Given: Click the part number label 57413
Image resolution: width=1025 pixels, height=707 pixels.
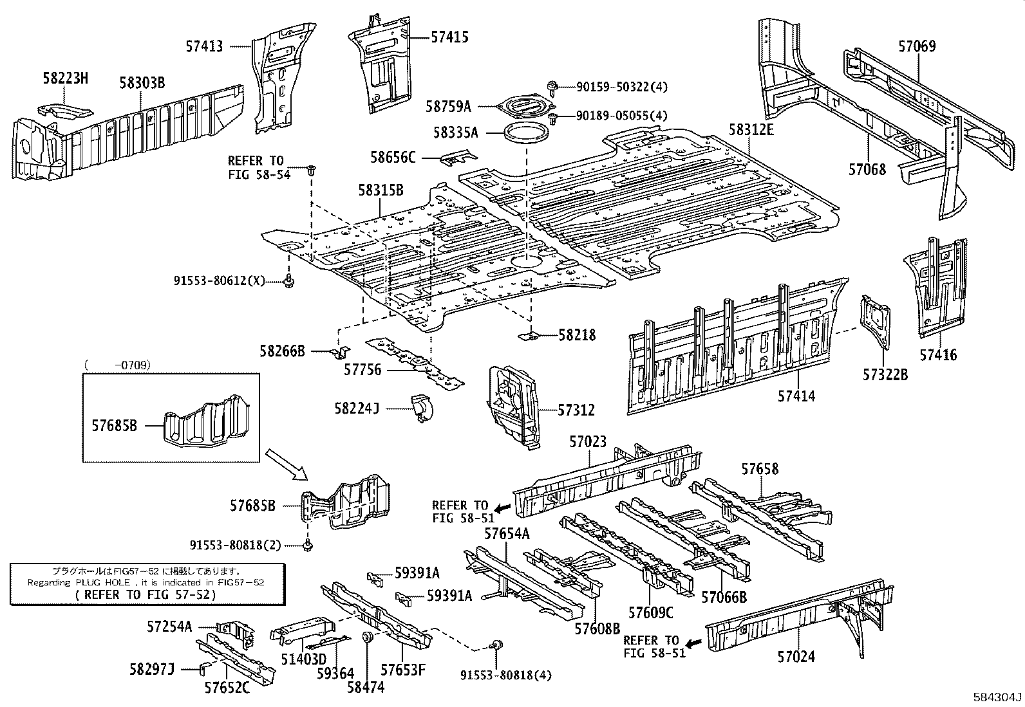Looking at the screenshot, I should (x=204, y=46).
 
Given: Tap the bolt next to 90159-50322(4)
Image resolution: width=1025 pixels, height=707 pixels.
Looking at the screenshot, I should (x=552, y=86).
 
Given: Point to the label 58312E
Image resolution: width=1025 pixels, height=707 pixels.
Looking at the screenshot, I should (x=751, y=129).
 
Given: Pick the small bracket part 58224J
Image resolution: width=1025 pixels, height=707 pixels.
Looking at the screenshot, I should (x=422, y=408).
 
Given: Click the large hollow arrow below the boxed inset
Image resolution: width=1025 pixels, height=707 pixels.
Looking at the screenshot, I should (x=288, y=464).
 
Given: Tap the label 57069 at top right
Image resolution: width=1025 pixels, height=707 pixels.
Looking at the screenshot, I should (x=917, y=46).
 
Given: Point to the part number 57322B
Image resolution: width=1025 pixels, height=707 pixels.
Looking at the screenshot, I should (x=885, y=374).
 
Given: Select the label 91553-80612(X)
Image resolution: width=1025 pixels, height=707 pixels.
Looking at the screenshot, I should (x=220, y=280).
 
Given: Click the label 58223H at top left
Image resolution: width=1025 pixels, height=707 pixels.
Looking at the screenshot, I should (x=65, y=79).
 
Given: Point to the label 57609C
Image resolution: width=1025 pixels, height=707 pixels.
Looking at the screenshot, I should (x=650, y=612).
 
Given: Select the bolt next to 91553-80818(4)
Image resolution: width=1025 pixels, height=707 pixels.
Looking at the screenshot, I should (x=497, y=645).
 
